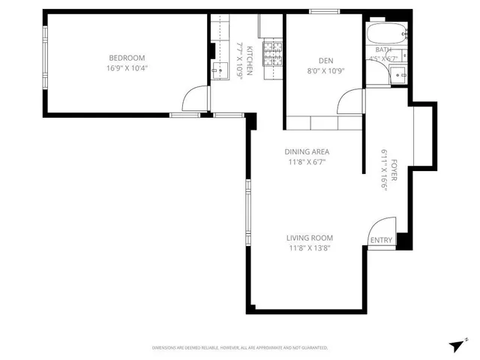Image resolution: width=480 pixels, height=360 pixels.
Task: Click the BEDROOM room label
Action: pos(127,58)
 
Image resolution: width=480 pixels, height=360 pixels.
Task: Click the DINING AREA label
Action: pos(307,151)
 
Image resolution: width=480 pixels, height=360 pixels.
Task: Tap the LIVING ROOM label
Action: pos(309,238)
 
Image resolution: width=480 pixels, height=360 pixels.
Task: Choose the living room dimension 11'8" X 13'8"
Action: pos(309,248)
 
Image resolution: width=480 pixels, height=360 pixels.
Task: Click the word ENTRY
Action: pos(380,240)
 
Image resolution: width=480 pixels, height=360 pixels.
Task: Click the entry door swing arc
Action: pos(382,226)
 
